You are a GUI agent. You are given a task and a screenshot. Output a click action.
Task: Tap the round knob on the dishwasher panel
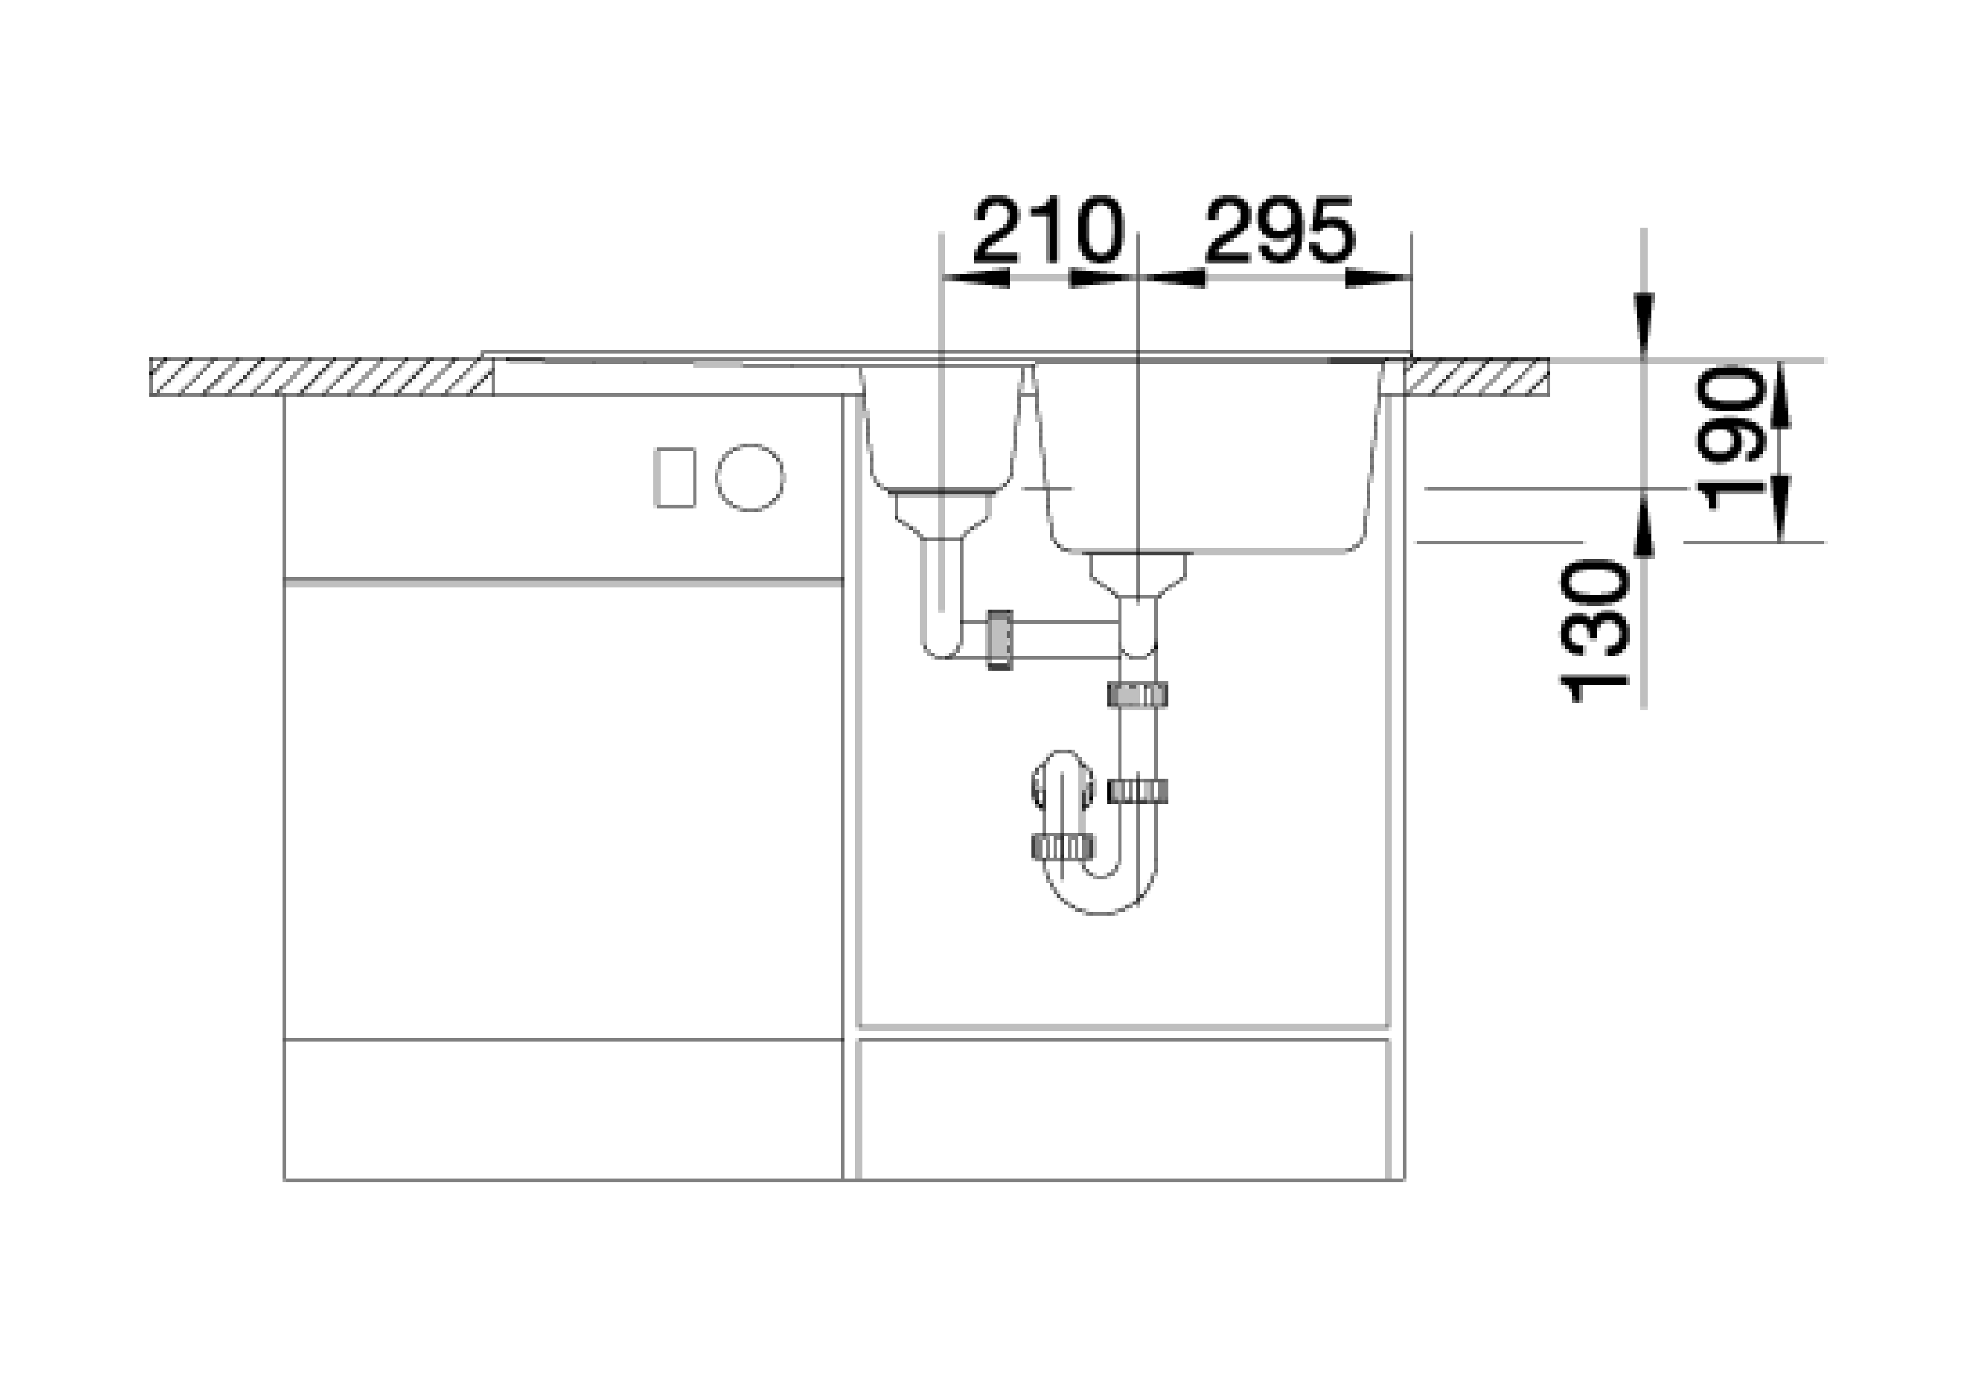(750, 478)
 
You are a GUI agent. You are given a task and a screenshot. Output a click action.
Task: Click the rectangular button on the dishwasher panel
(675, 478)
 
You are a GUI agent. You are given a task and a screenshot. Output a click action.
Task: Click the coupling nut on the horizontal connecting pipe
(999, 640)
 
